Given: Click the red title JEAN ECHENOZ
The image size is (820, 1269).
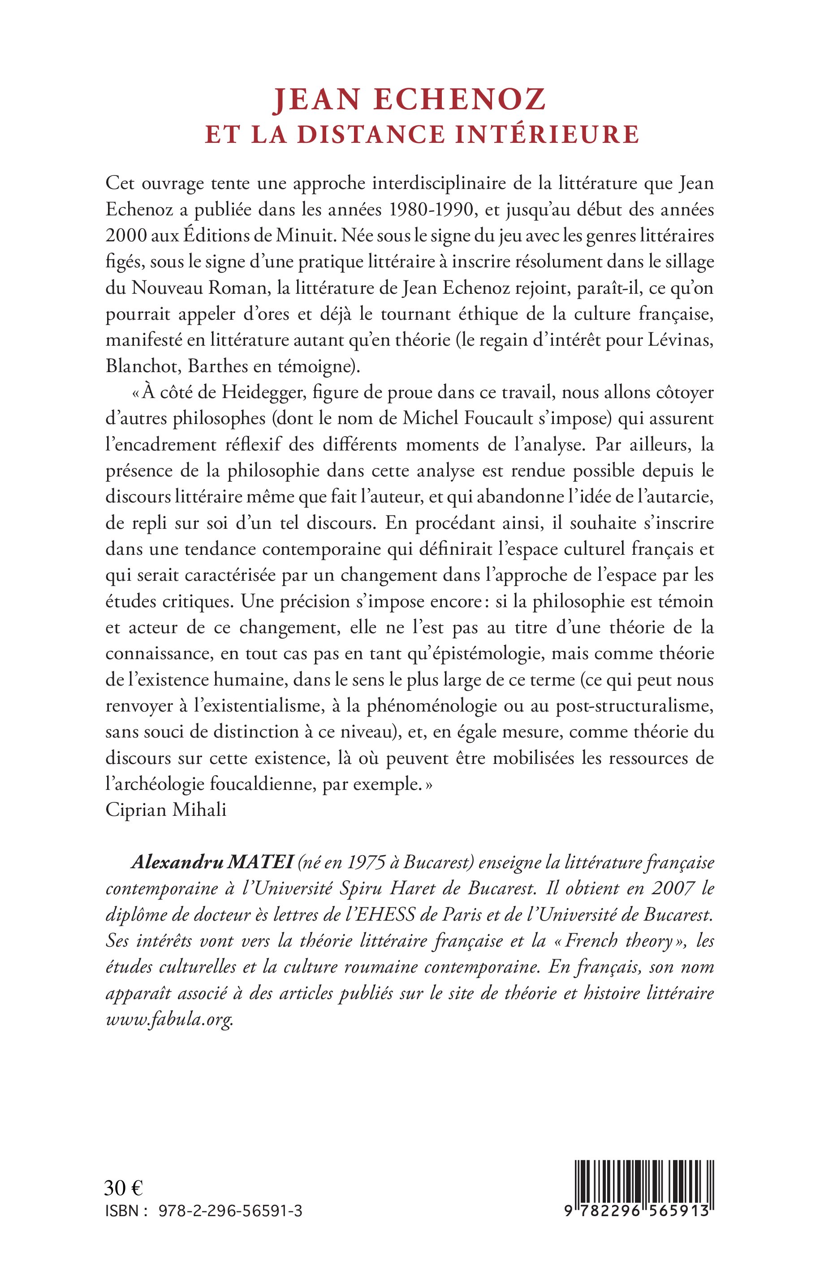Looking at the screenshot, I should pos(410,99).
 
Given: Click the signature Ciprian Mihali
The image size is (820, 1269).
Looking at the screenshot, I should pos(166,810).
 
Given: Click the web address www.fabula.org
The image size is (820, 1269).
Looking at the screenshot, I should pos(169,1020).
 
